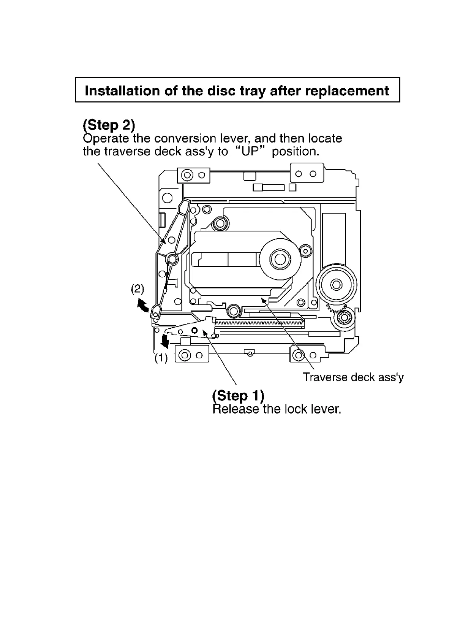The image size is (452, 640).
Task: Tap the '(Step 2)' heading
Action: point(109,125)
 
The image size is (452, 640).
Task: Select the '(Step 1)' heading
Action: point(238,396)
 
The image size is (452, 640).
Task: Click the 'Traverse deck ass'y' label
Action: point(353,377)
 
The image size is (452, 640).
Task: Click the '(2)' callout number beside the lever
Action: point(137,289)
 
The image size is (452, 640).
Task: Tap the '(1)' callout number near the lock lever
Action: point(161,358)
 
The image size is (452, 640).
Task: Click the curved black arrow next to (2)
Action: point(142,305)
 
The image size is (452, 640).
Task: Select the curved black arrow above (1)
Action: point(165,341)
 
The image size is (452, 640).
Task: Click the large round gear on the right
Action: point(336,285)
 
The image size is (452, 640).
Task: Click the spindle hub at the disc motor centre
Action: point(280,260)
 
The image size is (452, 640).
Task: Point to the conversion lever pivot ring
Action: point(172,259)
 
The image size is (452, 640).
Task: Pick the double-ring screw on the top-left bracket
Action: point(187,175)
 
